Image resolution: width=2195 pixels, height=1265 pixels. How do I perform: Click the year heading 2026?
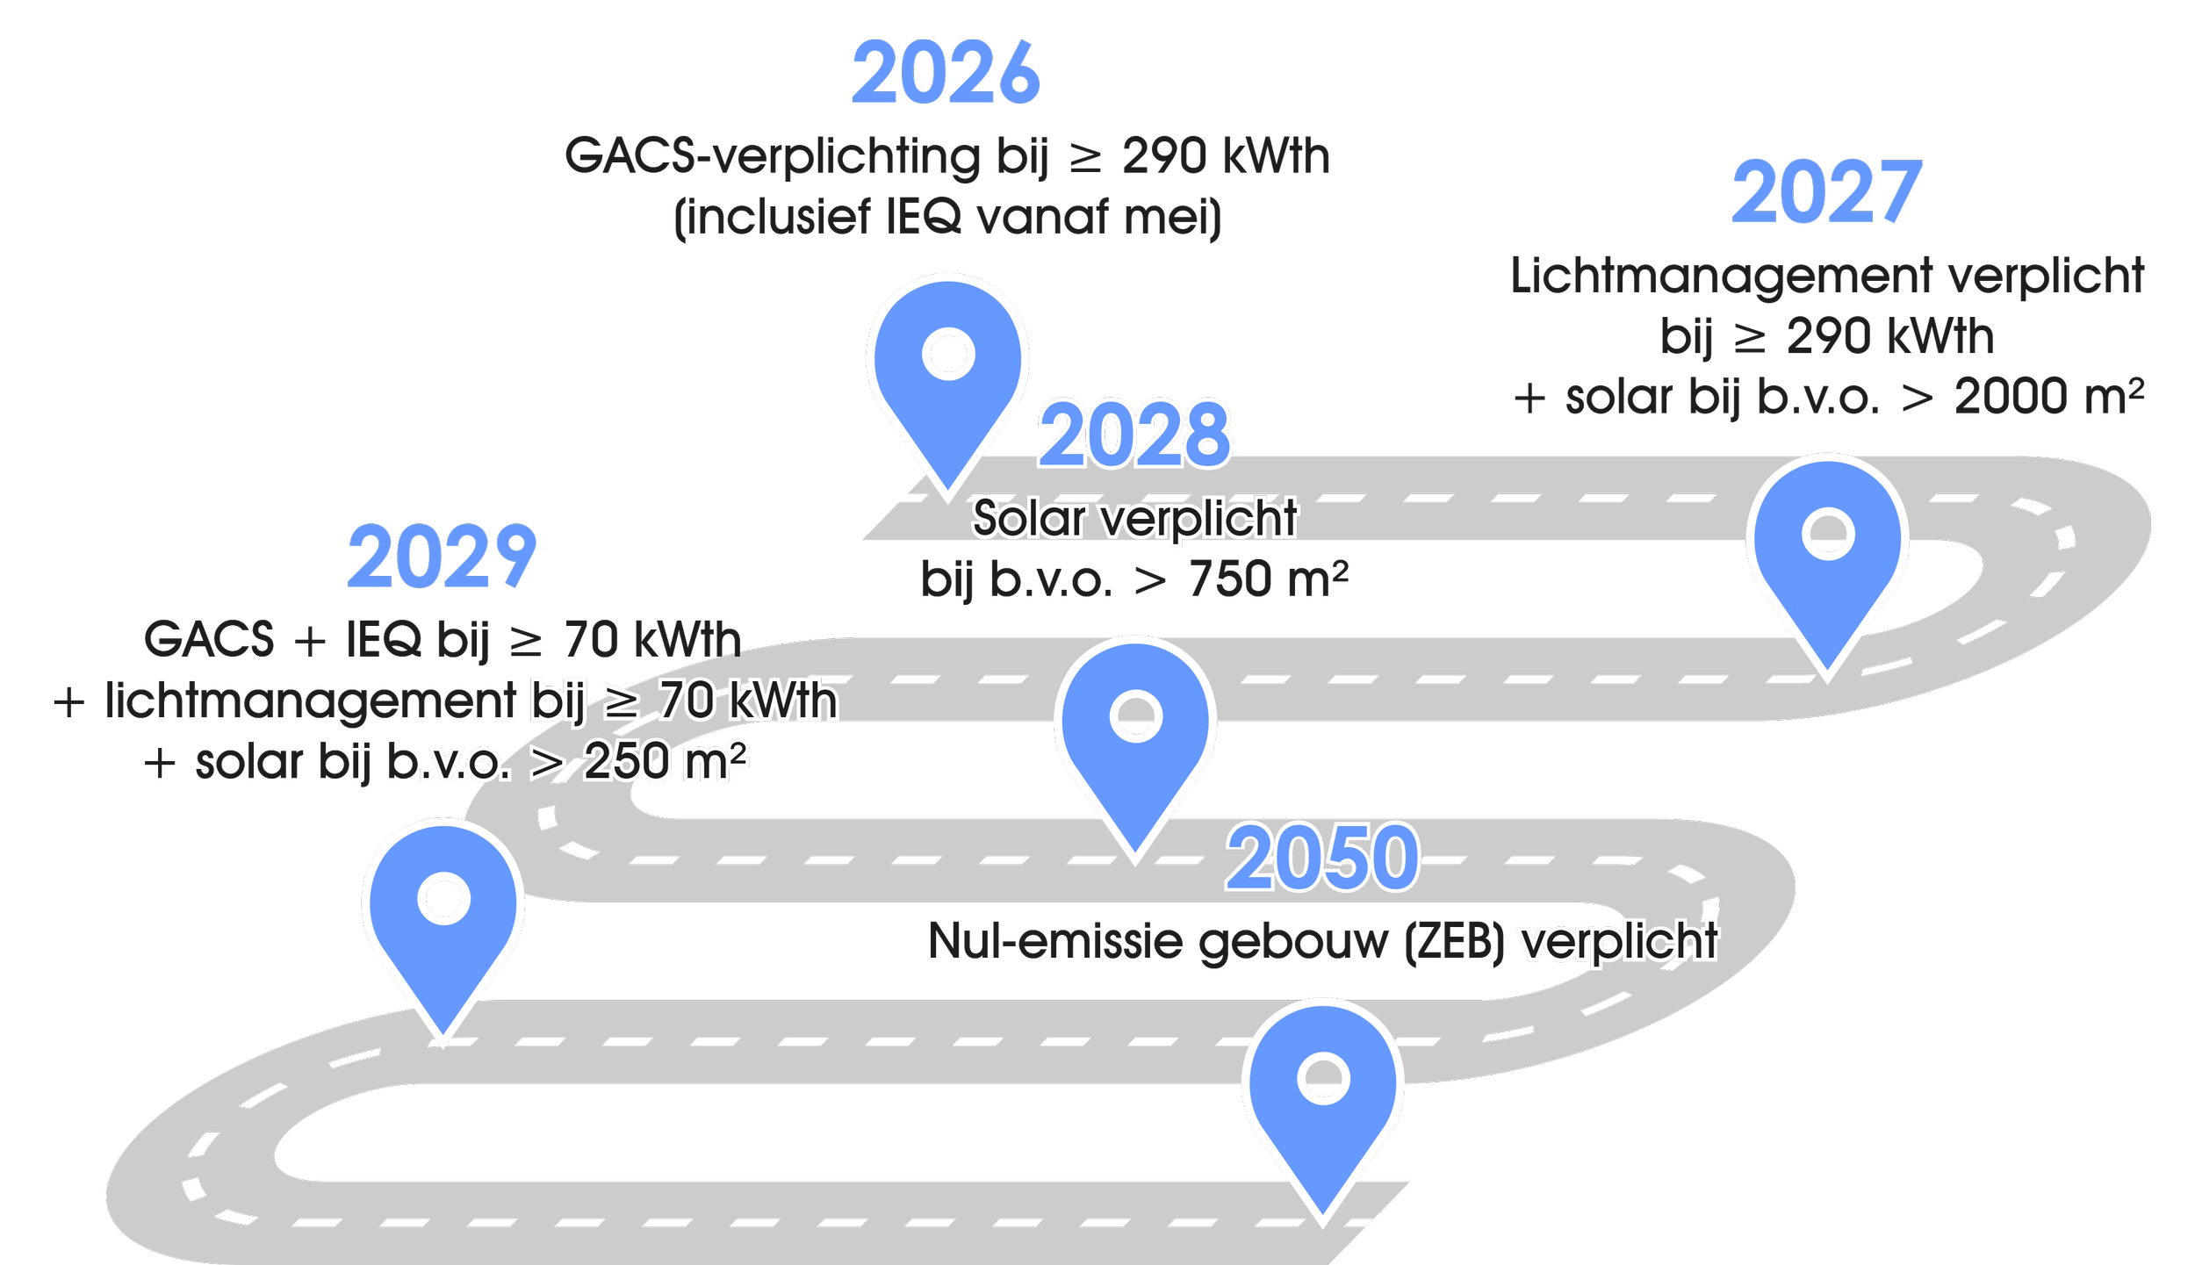point(946,74)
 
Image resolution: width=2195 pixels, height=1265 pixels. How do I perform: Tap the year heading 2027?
point(1826,193)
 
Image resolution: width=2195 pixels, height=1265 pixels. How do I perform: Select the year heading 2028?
point(1134,434)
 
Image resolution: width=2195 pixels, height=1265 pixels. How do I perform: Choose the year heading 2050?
point(1322,858)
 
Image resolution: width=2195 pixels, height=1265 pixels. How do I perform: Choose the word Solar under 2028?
point(1028,518)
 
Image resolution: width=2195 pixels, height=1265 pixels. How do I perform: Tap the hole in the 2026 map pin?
point(948,355)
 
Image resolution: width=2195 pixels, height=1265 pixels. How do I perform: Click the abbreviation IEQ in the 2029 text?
point(383,640)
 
